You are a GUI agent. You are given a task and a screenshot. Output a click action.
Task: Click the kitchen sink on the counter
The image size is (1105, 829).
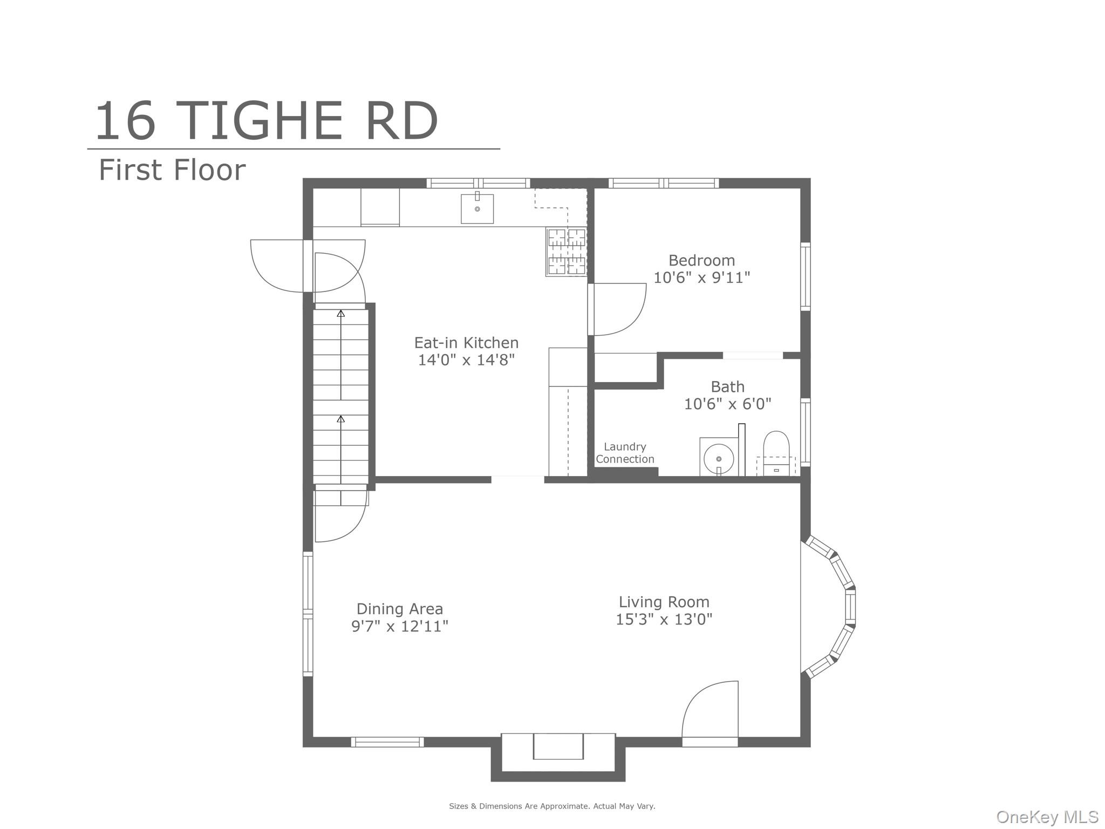[x=477, y=208]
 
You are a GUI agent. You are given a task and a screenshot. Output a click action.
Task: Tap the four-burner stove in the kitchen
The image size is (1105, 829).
[x=567, y=252]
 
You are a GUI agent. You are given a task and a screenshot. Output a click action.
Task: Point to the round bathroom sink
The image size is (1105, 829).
[x=719, y=458]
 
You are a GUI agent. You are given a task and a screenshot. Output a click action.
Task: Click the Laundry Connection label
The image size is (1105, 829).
[x=625, y=453]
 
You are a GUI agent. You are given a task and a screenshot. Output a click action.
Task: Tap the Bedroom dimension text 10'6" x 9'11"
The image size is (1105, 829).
[x=702, y=277]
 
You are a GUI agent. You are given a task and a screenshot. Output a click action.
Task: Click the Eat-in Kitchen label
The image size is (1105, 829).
[x=466, y=343]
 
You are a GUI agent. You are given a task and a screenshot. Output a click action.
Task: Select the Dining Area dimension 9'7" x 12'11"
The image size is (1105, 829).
[x=400, y=626]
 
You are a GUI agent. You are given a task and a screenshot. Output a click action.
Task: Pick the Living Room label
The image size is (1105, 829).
[x=664, y=602]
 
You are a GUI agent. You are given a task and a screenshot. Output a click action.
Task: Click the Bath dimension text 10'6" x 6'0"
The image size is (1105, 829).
[x=728, y=404]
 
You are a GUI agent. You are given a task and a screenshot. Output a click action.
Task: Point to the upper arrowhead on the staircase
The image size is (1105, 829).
[x=340, y=313]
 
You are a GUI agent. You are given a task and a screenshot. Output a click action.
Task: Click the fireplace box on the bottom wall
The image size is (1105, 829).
[x=558, y=747]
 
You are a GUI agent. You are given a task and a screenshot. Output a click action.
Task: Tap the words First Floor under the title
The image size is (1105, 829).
[x=172, y=169]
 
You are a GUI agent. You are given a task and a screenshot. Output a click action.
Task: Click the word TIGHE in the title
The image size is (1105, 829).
[x=260, y=121]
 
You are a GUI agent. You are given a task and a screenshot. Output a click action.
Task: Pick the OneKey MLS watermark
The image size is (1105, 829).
[x=1047, y=817]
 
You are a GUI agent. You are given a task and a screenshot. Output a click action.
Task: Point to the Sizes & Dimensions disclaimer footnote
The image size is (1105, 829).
[x=552, y=806]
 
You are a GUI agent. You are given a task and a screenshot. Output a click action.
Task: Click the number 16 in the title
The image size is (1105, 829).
[x=126, y=121]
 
